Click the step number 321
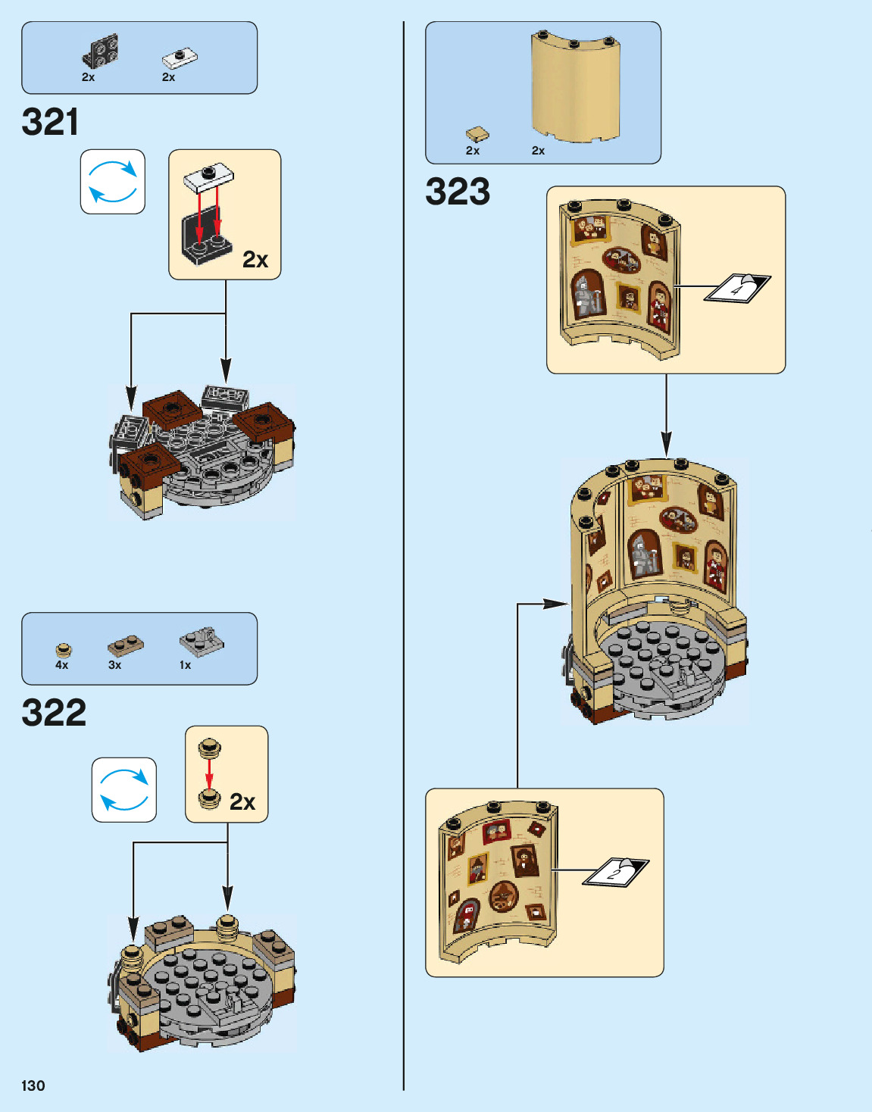point(50,122)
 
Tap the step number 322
point(54,713)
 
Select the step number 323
point(458,192)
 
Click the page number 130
point(33,1085)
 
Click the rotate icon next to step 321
point(113,182)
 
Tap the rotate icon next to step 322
point(124,790)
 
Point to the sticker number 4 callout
point(737,288)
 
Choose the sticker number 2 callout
point(615,872)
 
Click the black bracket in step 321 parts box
point(100,52)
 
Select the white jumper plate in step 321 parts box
point(180,58)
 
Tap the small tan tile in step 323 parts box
point(477,134)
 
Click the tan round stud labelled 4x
point(64,649)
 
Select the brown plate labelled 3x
point(125,645)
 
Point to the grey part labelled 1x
point(202,642)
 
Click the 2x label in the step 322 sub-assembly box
point(242,802)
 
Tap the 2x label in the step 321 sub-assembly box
point(255,260)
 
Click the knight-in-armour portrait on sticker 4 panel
point(586,294)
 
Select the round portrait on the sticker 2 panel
point(502,897)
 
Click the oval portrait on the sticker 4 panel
point(621,261)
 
